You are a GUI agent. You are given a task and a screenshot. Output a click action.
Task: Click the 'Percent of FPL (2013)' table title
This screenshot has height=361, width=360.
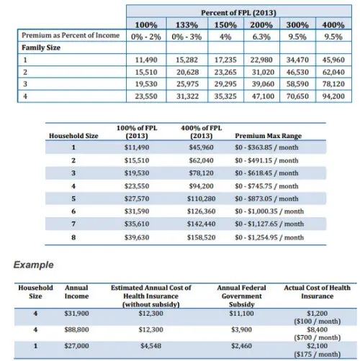pyautogui.click(x=238, y=13)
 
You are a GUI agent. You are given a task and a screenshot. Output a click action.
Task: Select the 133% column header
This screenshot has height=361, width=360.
pyautogui.click(x=186, y=25)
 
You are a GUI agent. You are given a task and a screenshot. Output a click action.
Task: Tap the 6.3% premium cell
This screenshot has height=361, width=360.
pyautogui.click(x=261, y=37)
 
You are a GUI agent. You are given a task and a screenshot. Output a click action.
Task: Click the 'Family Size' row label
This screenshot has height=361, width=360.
pyautogui.click(x=41, y=47)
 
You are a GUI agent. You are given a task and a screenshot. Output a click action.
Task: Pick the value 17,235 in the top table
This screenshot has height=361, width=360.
pyautogui.click(x=225, y=60)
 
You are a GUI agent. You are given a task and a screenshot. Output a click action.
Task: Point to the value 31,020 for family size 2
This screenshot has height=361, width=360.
pyautogui.click(x=263, y=72)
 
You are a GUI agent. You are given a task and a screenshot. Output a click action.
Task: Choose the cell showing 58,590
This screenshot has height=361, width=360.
pyautogui.click(x=297, y=84)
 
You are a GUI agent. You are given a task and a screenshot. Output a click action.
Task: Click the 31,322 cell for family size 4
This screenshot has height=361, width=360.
pyautogui.click(x=188, y=96)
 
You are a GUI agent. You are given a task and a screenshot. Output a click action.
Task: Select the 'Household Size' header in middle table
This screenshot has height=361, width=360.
pyautogui.click(x=73, y=136)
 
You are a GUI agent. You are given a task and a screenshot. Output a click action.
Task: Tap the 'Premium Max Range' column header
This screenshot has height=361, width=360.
pyautogui.click(x=269, y=136)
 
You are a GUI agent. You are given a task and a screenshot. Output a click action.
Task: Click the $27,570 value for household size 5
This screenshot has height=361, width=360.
pyautogui.click(x=137, y=198)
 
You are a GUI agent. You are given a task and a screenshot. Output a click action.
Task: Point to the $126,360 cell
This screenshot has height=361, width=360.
pyautogui.click(x=202, y=211)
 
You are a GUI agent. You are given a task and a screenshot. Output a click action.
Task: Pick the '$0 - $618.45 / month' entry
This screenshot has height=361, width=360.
pyautogui.click(x=266, y=173)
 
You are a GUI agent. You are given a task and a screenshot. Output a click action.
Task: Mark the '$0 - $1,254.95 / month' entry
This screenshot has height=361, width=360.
pyautogui.click(x=269, y=237)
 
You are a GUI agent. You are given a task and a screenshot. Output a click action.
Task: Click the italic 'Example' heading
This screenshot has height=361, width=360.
pyautogui.click(x=34, y=265)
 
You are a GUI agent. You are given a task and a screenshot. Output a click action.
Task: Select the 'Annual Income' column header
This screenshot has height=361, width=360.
pyautogui.click(x=76, y=292)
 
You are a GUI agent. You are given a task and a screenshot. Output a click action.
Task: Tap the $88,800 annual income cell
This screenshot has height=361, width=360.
pyautogui.click(x=76, y=330)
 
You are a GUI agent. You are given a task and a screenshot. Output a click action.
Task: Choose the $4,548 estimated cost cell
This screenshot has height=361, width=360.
pyautogui.click(x=151, y=346)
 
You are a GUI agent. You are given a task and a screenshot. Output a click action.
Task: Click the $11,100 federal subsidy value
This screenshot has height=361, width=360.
pyautogui.click(x=241, y=314)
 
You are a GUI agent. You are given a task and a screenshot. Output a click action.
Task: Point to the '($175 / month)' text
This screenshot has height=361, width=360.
pyautogui.click(x=318, y=355)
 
